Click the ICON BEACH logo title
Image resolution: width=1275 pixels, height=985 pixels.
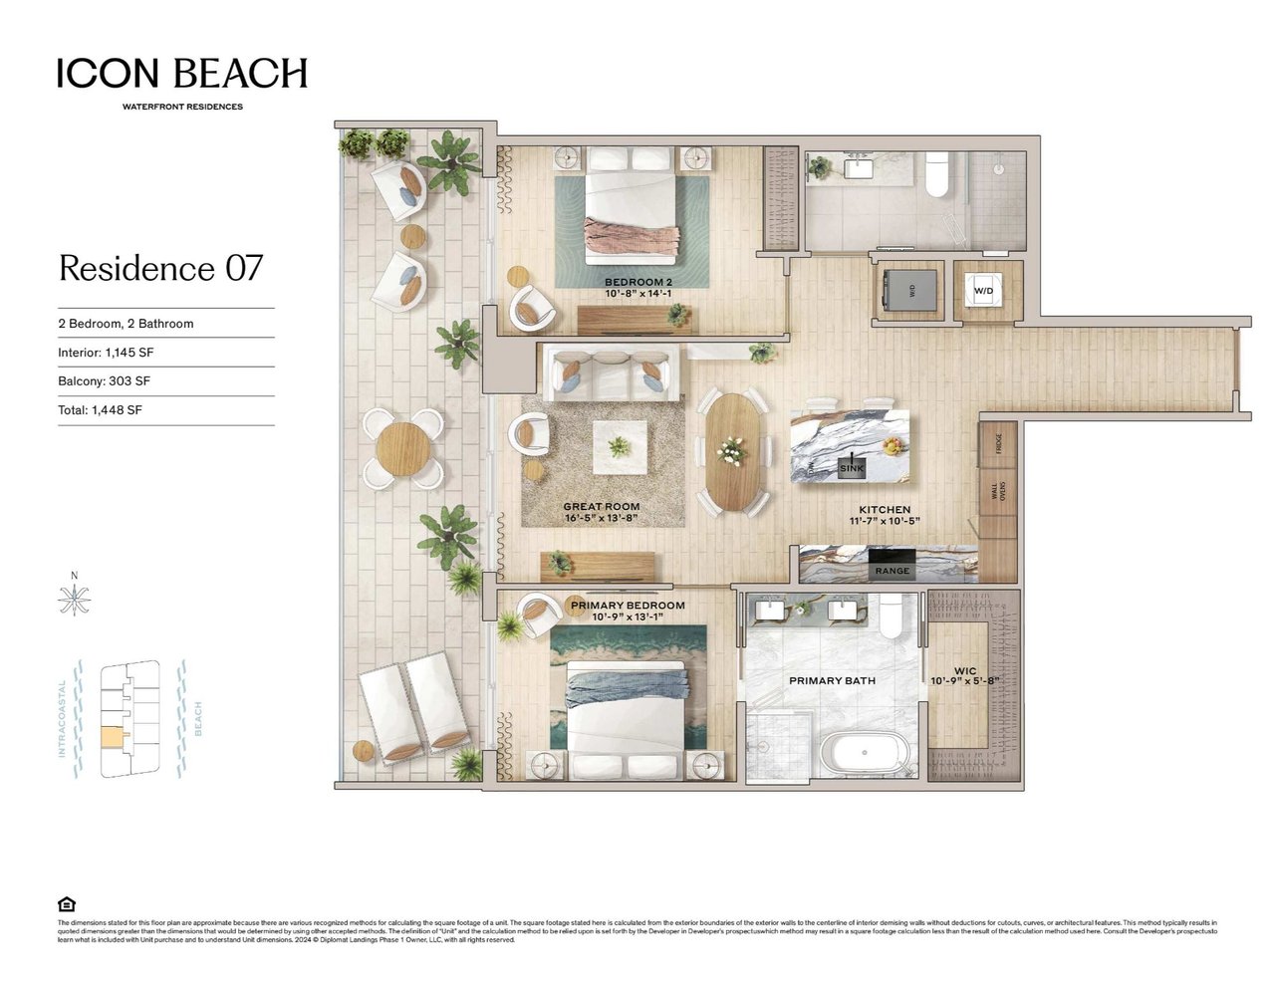(181, 74)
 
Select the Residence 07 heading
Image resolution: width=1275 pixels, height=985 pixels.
(160, 268)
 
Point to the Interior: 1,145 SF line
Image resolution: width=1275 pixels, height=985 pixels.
(106, 353)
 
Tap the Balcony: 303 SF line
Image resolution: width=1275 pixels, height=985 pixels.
(104, 381)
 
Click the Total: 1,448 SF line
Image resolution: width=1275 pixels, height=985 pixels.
(100, 410)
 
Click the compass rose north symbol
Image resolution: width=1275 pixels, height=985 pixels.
(74, 600)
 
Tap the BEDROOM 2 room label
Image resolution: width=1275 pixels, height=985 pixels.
(637, 283)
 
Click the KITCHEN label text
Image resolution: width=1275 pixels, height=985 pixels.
(885, 510)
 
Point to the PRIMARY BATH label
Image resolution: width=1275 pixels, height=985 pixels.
(832, 681)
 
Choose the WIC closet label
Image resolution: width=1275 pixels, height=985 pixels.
(964, 671)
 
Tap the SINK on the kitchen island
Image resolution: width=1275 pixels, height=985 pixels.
(852, 467)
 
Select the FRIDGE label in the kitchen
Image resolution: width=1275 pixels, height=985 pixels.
(998, 438)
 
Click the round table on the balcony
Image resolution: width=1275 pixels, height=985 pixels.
(403, 447)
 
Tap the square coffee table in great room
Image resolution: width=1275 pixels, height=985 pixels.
(620, 446)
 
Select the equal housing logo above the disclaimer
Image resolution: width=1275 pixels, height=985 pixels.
(67, 904)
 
